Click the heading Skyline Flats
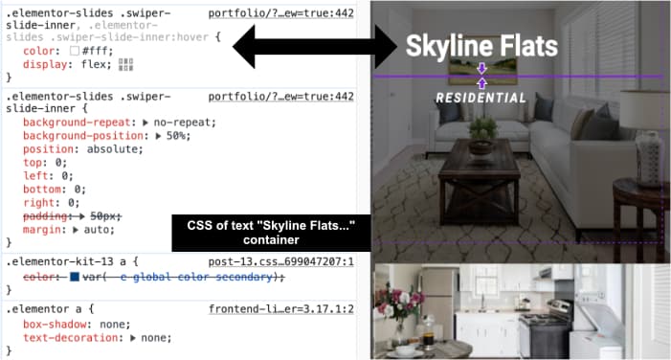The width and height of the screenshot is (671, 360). pos(481,46)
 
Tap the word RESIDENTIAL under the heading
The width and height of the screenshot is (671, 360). pos(481,98)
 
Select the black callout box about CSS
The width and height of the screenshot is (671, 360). pos(271,234)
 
